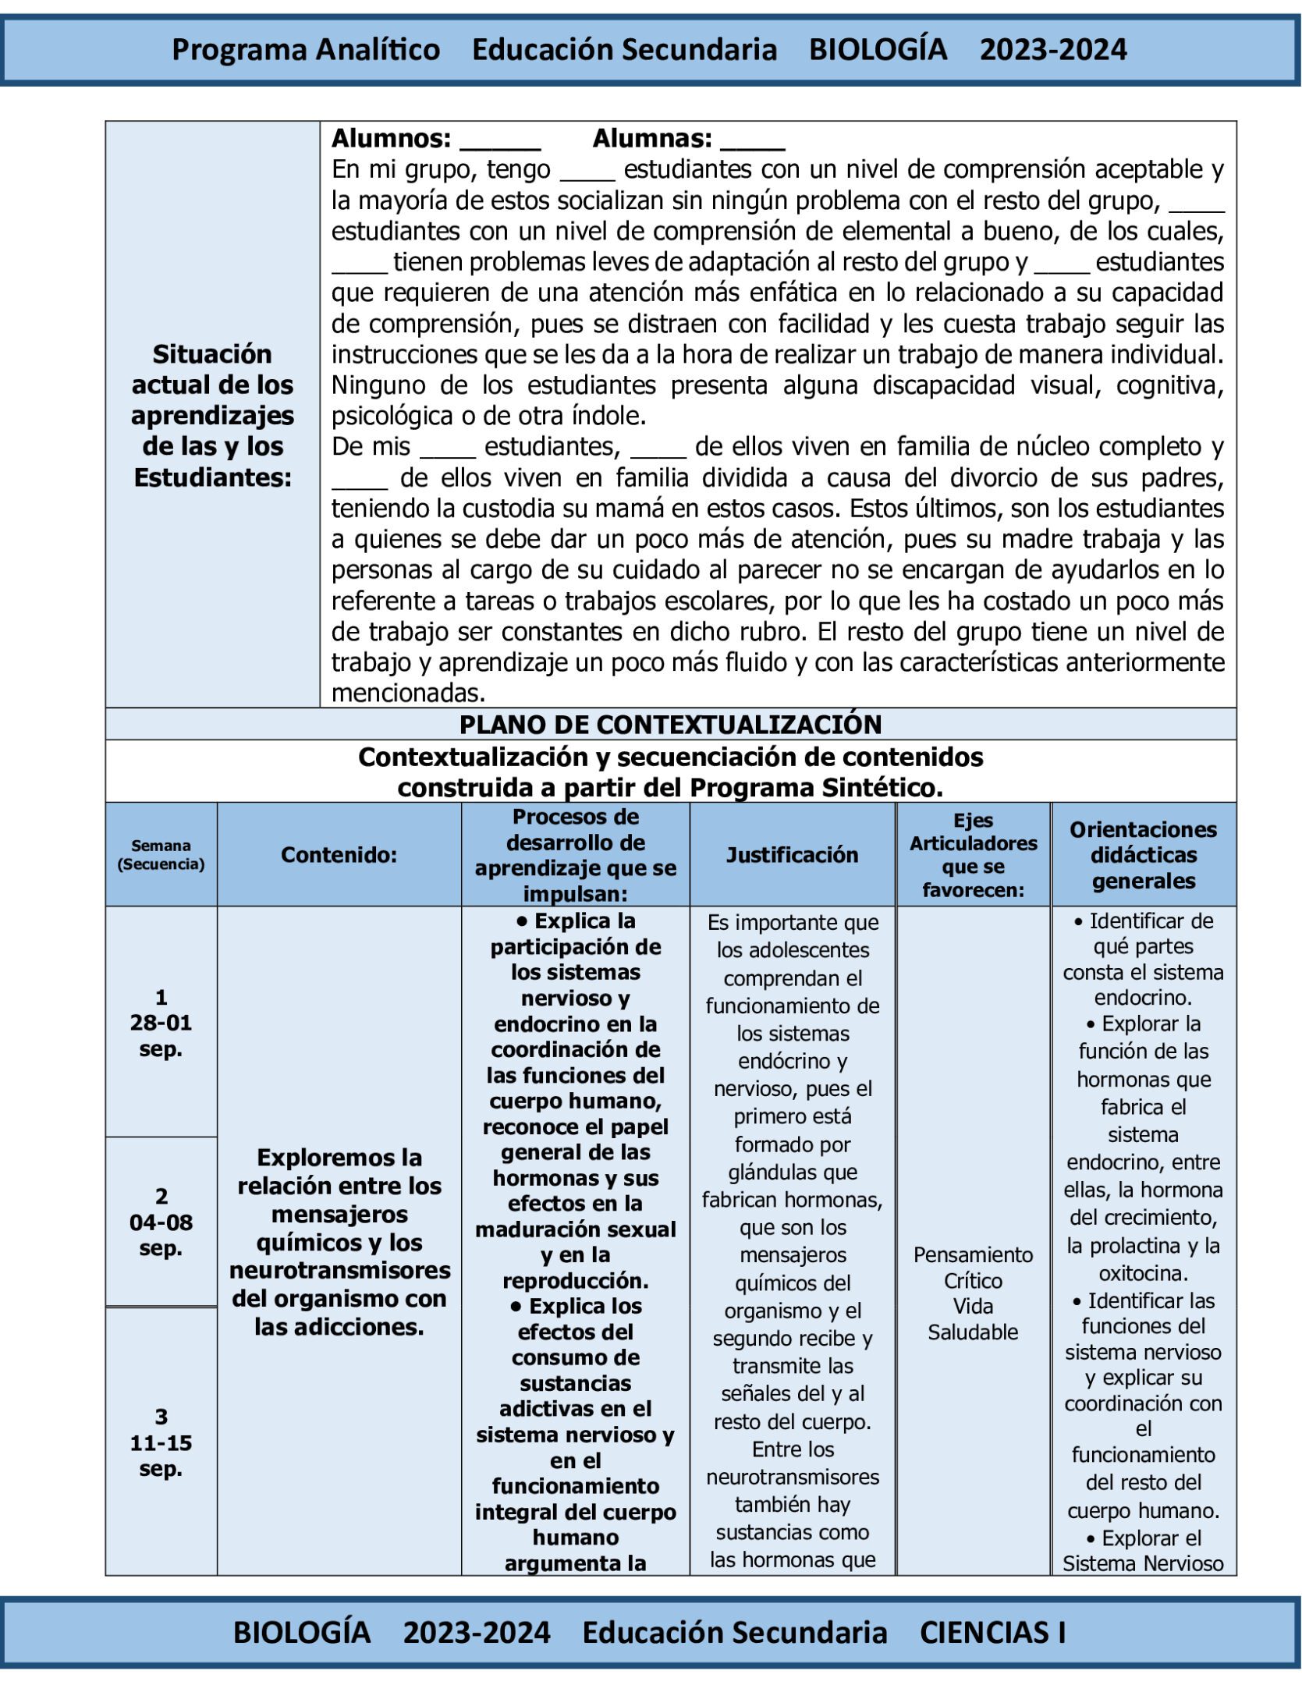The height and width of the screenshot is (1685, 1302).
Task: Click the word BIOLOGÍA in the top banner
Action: [x=878, y=50]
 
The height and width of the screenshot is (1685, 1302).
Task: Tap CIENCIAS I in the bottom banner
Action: [x=992, y=1632]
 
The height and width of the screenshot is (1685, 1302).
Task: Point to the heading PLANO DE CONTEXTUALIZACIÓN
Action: [x=670, y=724]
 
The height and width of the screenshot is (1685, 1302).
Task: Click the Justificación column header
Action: [x=792, y=855]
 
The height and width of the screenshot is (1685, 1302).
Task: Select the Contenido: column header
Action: [x=339, y=855]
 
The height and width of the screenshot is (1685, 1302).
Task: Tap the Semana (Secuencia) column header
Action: [x=161, y=855]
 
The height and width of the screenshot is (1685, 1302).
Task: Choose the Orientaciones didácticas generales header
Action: [x=1143, y=855]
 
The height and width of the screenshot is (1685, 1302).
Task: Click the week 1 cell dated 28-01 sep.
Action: [x=161, y=1023]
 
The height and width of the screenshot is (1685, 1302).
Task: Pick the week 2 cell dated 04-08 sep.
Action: [x=161, y=1222]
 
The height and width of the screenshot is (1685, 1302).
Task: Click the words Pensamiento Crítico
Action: [x=973, y=1268]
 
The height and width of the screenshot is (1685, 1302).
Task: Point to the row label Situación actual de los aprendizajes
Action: [x=212, y=415]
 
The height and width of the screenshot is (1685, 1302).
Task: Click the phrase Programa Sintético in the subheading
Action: [x=814, y=788]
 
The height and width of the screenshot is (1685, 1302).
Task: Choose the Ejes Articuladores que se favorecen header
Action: [x=973, y=855]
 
